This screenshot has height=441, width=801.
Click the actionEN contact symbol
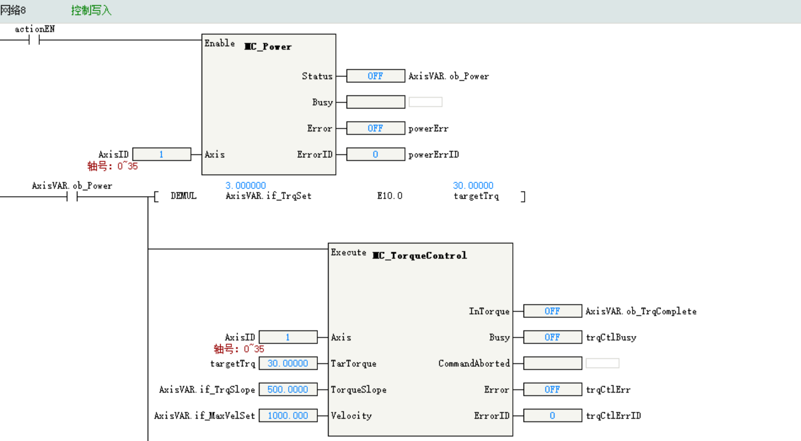pos(35,40)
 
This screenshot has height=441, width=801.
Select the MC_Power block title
pos(268,47)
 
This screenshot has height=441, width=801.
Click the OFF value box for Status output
pos(375,76)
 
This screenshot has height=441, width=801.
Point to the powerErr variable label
pos(428,129)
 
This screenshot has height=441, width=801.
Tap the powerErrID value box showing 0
pos(375,154)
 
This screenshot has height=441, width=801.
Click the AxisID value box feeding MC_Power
pos(161,154)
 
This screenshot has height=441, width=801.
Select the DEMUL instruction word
pos(184,196)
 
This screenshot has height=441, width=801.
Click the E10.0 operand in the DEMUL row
pos(390,196)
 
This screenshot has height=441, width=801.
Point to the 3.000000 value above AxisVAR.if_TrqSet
pos(245,185)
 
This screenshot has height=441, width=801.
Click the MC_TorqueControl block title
pos(420,256)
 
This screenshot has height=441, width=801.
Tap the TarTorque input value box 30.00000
pos(288,363)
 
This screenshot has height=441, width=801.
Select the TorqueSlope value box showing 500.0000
pos(288,390)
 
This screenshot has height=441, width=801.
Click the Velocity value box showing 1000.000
pos(288,416)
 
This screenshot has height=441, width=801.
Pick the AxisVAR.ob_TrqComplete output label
pos(641,311)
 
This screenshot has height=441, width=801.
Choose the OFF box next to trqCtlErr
pos(552,390)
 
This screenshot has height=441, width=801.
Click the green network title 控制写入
pos(92,11)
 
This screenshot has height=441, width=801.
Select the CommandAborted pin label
pos(474,363)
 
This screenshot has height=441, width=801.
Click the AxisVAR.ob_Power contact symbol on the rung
pos(72,197)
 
